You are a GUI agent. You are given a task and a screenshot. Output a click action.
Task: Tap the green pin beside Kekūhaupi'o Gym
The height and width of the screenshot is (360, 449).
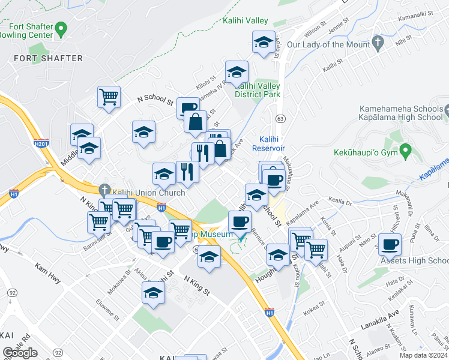tap(406, 149)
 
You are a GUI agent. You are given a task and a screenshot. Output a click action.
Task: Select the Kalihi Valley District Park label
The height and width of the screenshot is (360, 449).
tap(258, 90)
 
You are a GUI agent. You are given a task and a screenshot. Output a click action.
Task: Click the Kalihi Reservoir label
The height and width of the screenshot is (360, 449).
tap(268, 143)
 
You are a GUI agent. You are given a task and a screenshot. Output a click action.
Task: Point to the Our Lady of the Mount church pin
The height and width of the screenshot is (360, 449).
tap(378, 42)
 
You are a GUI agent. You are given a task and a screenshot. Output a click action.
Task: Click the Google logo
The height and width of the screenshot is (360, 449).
tap(20, 352)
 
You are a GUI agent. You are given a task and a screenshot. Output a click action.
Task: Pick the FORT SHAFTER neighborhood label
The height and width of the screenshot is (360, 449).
tap(48, 58)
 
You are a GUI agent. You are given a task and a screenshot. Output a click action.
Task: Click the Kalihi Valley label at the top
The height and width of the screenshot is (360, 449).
tap(245, 21)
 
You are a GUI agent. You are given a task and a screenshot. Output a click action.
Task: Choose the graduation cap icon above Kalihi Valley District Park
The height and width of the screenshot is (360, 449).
tap(237, 72)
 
